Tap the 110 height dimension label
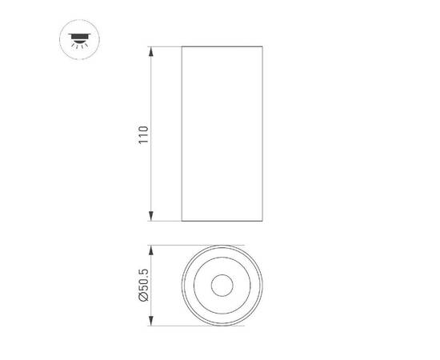pyautogui.click(x=144, y=134)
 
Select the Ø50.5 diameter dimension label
pyautogui.click(x=144, y=285)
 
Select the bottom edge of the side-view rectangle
pyautogui.click(x=222, y=222)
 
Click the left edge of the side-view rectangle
pyautogui.click(x=182, y=134)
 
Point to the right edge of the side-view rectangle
pyautogui.click(x=262, y=134)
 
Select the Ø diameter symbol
pyautogui.click(x=144, y=299)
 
